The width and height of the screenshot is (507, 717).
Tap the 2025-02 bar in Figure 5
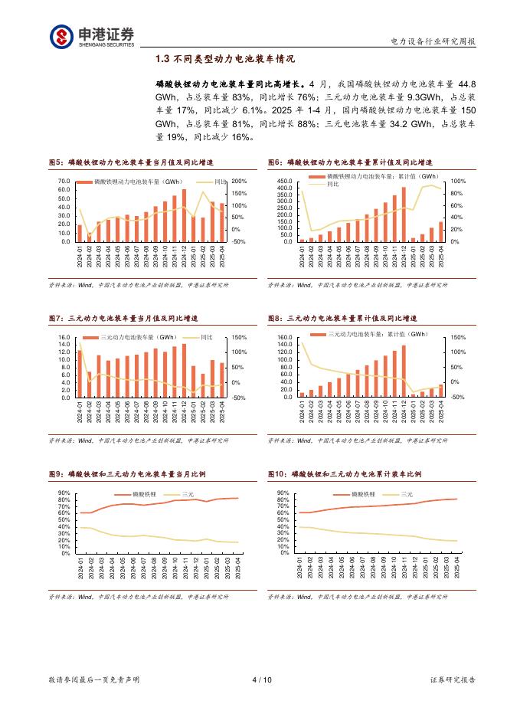coord(203,230)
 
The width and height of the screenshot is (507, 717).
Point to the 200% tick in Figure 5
coord(237,182)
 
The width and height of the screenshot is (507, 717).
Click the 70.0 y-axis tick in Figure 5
coord(64,182)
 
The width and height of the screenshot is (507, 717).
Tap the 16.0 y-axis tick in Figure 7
coord(64,338)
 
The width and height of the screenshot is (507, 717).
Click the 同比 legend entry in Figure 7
coord(207,338)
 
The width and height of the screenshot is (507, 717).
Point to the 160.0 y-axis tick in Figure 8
coord(284,338)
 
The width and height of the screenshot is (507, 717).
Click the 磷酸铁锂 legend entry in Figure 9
coord(144,496)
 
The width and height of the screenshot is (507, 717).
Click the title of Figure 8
coord(351,319)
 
